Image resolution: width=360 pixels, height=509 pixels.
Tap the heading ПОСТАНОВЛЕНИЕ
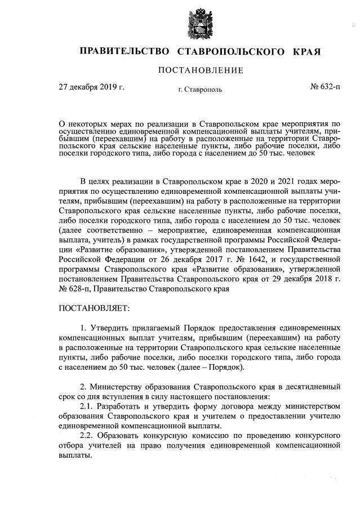(201, 70)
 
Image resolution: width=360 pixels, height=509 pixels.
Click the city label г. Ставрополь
(199, 89)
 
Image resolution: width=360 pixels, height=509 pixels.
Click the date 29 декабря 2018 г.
(305, 279)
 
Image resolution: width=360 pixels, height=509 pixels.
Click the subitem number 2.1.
(87, 405)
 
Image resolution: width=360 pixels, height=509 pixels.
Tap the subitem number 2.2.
(87, 436)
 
